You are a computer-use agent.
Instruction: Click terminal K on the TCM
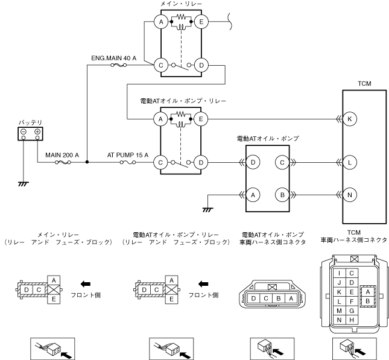tap(350, 119)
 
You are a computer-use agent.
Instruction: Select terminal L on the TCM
tap(350, 162)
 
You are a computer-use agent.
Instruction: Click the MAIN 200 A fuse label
tap(63, 156)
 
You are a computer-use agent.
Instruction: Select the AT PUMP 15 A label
tap(128, 156)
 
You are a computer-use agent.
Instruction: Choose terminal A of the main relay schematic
tap(161, 22)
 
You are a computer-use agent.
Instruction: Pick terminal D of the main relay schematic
tap(201, 64)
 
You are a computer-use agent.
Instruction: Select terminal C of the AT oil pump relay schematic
tap(161, 162)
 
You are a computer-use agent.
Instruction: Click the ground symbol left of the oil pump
tap(207, 209)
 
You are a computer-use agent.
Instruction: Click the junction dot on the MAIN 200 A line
tap(87, 162)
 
